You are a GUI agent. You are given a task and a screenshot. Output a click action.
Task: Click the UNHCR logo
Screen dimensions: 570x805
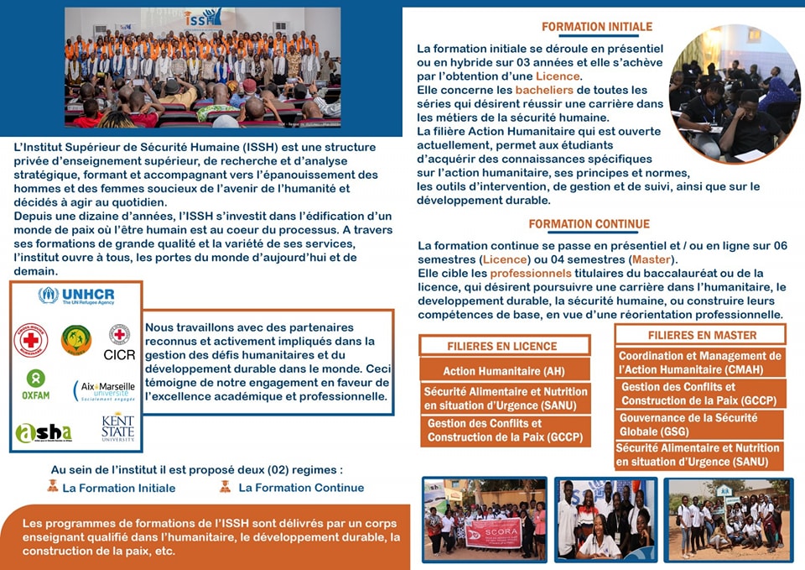click(76, 295)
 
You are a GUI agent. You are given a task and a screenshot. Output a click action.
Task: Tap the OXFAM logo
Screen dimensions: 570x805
click(34, 384)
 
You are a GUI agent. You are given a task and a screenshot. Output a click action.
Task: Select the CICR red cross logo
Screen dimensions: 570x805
click(119, 342)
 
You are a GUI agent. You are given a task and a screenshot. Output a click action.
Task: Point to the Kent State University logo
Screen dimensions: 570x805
click(117, 427)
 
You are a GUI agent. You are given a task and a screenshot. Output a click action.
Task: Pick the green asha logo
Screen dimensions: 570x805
click(44, 431)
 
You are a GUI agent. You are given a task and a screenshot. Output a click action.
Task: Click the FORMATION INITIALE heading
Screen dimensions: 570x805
click(596, 27)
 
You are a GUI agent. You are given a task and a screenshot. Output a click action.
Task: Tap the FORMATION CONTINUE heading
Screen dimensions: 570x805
click(589, 224)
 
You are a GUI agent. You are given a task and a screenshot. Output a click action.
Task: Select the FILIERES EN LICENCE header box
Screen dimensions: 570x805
click(501, 346)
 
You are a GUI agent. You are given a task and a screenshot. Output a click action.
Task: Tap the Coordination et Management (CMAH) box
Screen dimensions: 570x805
click(699, 363)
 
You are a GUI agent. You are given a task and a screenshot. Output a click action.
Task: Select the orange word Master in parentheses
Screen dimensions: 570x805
click(651, 259)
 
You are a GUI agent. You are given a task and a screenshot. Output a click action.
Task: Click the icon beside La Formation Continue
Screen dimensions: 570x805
click(225, 486)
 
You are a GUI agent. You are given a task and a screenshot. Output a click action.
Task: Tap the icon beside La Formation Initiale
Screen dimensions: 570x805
click(53, 486)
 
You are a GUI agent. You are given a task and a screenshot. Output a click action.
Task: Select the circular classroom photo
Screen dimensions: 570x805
click(735, 92)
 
